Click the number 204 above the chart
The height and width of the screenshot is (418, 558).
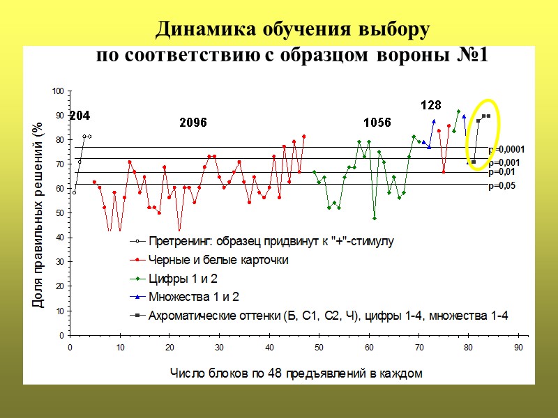point(79,116)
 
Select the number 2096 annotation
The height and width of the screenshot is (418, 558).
point(193,123)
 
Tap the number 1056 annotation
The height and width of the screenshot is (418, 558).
point(377,123)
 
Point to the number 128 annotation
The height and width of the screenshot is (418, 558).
point(430,105)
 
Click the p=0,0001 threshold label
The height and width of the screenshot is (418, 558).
point(506,149)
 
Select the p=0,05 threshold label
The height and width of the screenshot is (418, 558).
point(502,186)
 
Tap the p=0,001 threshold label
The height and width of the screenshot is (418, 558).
point(504,162)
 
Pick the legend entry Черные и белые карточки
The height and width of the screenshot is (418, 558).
point(218,260)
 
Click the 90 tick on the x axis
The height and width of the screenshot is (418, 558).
point(518,346)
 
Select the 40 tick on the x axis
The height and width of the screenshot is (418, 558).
point(269,346)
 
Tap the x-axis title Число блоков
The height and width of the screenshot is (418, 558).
point(296,373)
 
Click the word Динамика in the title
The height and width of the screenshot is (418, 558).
point(206,30)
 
